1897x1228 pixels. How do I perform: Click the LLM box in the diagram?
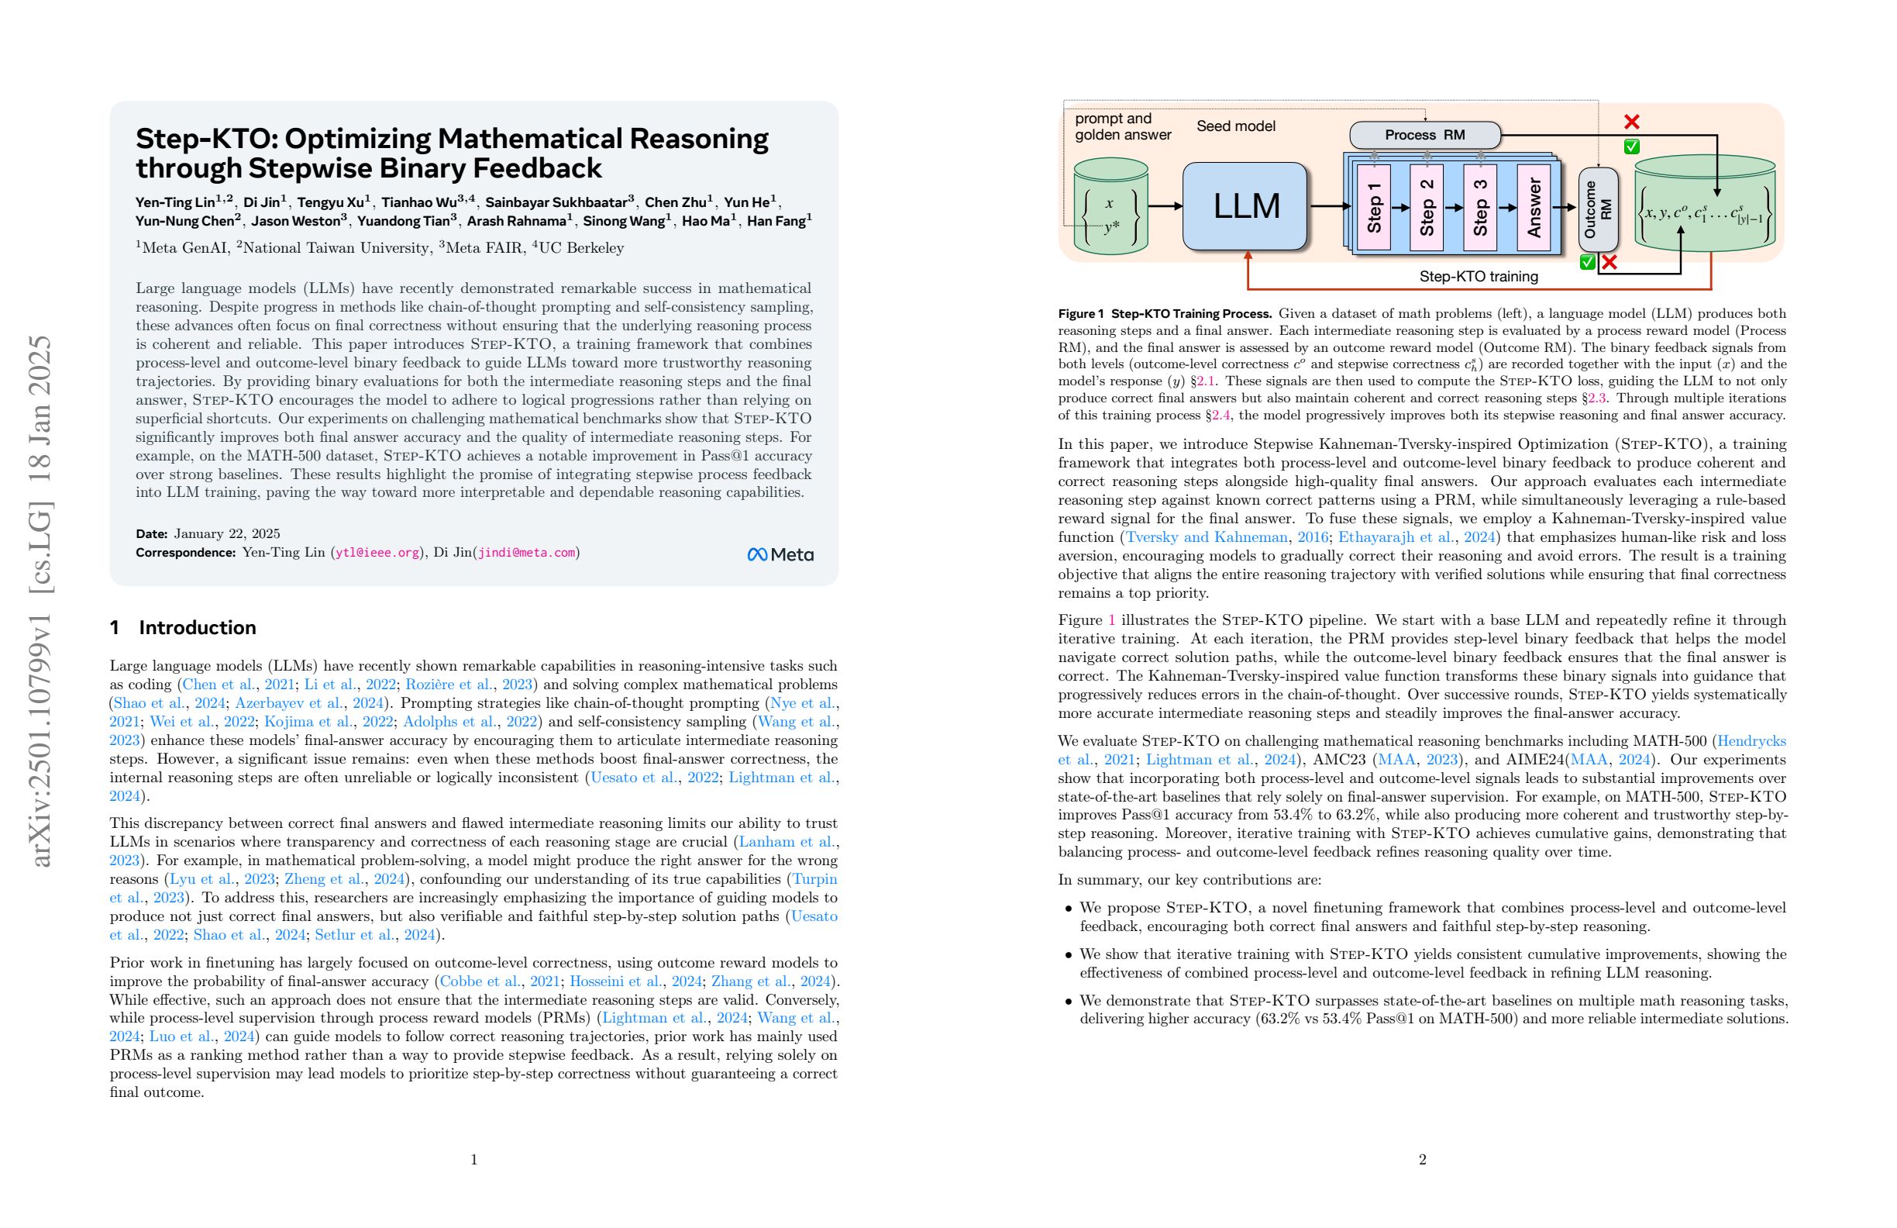click(1245, 206)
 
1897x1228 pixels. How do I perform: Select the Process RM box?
click(1424, 135)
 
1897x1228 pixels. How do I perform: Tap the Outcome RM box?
click(1598, 209)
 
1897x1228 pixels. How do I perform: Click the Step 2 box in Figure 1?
click(1427, 207)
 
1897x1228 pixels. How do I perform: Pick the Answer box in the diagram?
click(1534, 207)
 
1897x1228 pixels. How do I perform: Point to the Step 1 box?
click(1373, 207)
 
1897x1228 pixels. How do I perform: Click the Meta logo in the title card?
click(780, 554)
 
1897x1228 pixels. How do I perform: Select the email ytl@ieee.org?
click(377, 553)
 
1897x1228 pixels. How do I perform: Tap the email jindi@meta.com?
click(526, 553)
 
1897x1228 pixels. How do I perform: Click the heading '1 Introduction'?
click(183, 627)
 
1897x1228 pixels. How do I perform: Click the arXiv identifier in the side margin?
click(40, 602)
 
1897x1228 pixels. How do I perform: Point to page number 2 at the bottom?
click(1422, 1160)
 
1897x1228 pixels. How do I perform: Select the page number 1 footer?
click(474, 1160)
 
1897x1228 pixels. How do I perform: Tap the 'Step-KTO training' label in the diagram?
click(1479, 277)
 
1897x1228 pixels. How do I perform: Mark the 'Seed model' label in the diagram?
click(1235, 126)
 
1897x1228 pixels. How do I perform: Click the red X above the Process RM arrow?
click(1631, 122)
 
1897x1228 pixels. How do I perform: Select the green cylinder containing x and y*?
click(1110, 207)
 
